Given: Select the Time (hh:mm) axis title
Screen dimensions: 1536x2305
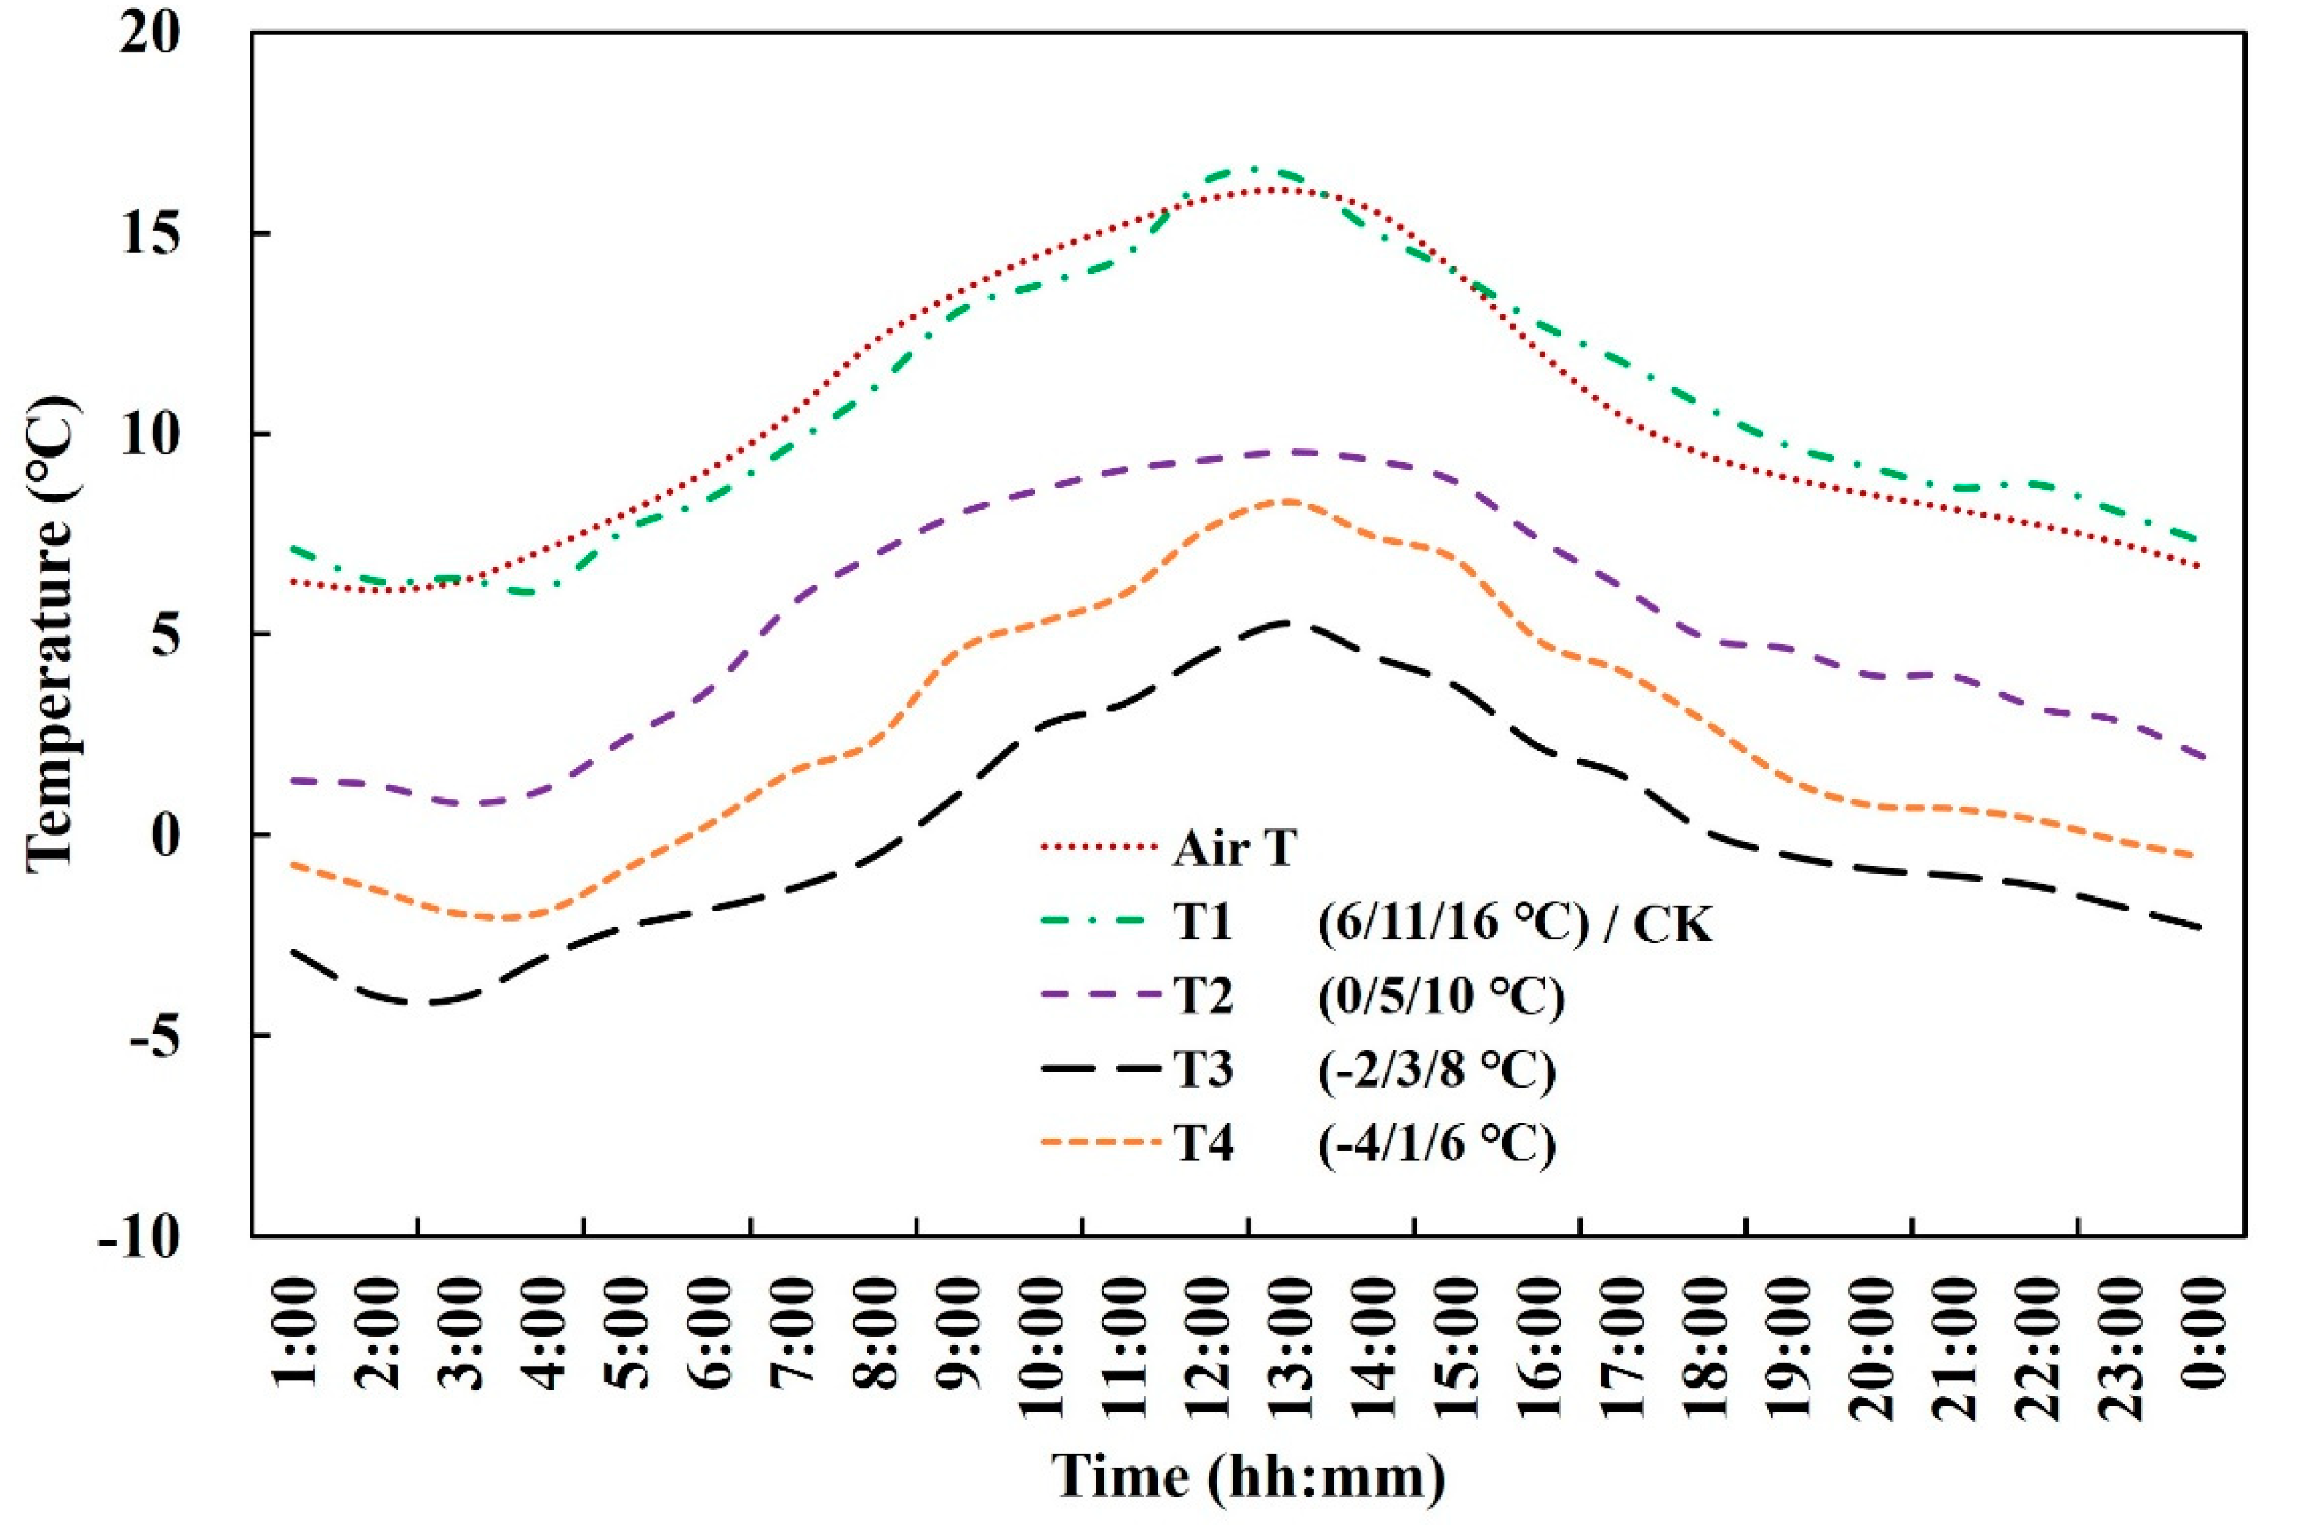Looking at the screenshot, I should [x=1248, y=1476].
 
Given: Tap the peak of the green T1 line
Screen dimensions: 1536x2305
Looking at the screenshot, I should [x=1252, y=167].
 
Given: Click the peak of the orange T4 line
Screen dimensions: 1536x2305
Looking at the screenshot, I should [x=1289, y=501].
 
